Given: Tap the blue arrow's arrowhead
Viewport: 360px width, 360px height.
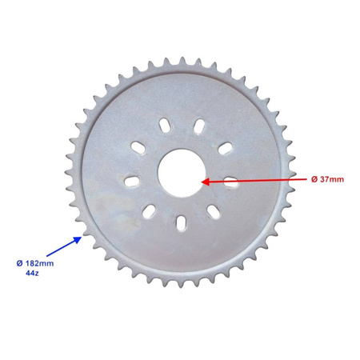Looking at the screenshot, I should pyautogui.click(x=80, y=236).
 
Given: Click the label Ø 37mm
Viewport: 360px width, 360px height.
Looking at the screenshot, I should pyautogui.click(x=327, y=178).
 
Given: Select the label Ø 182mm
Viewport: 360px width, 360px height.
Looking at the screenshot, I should pyautogui.click(x=36, y=262).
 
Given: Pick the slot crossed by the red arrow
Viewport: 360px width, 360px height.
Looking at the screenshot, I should pyautogui.click(x=232, y=181).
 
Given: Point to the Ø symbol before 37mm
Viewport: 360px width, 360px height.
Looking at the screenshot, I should pyautogui.click(x=313, y=178).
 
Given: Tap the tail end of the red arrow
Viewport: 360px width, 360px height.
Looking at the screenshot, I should pyautogui.click(x=306, y=178).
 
